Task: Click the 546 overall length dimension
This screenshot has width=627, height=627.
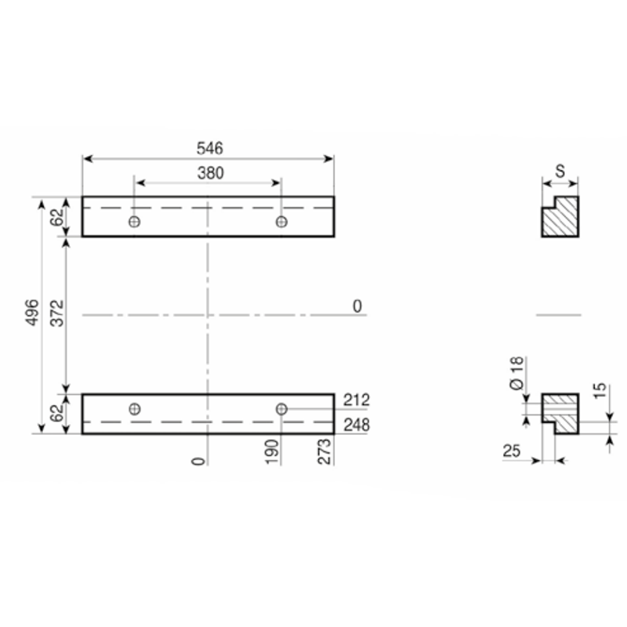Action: point(210,148)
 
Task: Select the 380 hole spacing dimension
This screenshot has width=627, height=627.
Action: point(210,173)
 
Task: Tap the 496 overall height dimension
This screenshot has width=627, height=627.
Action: point(33,312)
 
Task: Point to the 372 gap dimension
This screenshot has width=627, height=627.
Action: point(57,313)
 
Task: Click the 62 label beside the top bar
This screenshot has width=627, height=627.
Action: point(57,217)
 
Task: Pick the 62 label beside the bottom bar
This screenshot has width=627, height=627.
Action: point(57,414)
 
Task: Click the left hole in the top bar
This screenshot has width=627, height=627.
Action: point(134,222)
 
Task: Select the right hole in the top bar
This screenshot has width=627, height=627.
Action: point(281,222)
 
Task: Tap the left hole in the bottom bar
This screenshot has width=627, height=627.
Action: point(135,409)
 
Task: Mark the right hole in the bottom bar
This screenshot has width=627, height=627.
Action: point(281,409)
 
